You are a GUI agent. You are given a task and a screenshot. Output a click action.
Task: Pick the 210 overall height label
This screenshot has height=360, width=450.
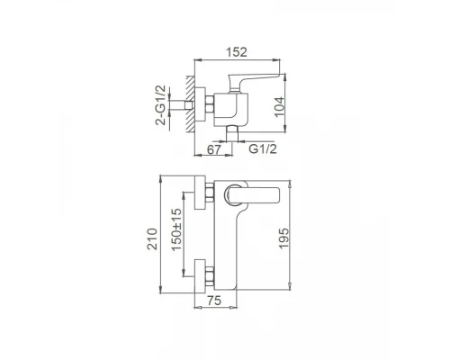[x=153, y=238]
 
